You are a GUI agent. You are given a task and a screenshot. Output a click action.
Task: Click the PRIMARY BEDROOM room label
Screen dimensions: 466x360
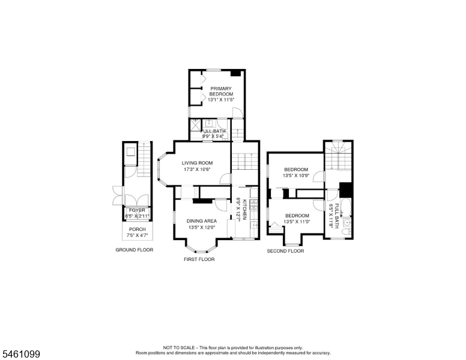(221, 91)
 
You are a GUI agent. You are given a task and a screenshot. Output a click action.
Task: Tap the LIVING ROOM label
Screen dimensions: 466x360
(197, 163)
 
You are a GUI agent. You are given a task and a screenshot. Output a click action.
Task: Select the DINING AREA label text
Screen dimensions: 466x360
(202, 221)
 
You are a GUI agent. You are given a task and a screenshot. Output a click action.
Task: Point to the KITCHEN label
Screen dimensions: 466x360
(244, 209)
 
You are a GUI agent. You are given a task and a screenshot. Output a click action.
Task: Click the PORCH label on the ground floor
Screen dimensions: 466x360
(138, 229)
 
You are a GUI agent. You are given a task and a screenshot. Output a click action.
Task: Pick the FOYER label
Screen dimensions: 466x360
(137, 210)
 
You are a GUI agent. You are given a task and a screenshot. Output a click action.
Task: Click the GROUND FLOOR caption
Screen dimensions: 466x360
(135, 250)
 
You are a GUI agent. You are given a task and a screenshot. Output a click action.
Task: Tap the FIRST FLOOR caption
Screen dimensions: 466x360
(199, 259)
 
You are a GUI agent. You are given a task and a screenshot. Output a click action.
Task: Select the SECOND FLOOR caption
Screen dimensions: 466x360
(285, 251)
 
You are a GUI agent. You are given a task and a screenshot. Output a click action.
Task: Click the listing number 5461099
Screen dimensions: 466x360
(21, 354)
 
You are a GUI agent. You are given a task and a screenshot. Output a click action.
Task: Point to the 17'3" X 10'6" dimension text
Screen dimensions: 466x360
(198, 170)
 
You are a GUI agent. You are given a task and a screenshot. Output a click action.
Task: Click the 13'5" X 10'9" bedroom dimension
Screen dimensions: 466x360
(296, 175)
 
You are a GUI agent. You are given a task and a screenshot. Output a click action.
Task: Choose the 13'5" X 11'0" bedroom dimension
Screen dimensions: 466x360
(297, 221)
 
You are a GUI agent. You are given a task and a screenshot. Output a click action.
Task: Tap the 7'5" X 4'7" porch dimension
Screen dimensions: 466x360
(138, 235)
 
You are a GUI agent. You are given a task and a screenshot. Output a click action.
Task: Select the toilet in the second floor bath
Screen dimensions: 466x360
(347, 232)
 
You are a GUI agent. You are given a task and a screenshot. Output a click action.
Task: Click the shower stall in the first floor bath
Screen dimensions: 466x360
(195, 124)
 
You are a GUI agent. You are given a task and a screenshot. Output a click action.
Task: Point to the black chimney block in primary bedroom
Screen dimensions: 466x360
(235, 73)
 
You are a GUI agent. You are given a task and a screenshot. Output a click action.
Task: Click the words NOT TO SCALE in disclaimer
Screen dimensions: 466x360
(178, 347)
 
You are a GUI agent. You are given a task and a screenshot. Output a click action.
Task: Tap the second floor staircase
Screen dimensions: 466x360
(338, 156)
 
